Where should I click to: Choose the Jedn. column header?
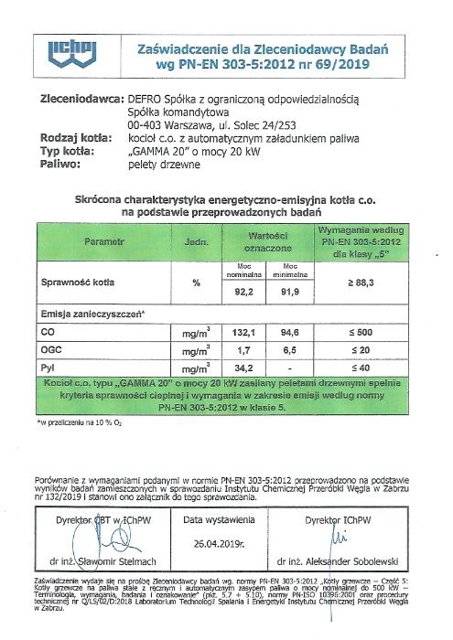point(194,243)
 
